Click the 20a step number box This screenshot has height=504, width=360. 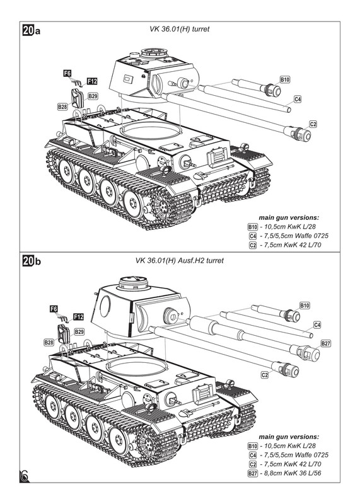point(28,30)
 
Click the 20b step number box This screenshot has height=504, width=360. point(28,261)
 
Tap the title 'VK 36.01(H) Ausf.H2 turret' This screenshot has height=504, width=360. point(179,260)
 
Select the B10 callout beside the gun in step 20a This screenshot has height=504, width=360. point(285,79)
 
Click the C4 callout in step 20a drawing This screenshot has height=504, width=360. point(298,99)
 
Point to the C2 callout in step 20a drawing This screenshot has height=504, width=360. point(313,124)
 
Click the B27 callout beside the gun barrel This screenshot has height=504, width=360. point(325,343)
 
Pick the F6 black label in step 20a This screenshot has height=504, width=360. point(67,73)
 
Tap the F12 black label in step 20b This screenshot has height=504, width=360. point(79,317)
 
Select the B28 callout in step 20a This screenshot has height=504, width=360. point(62,106)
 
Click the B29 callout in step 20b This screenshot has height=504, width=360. point(79,331)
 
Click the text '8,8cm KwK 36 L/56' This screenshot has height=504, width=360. point(293,473)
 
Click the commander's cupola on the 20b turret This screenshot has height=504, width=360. point(134,283)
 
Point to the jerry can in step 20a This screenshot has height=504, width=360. point(78,98)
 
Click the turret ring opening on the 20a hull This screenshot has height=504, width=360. point(149,130)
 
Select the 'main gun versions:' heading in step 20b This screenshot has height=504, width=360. point(289,437)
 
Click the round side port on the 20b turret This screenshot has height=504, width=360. point(105,306)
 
